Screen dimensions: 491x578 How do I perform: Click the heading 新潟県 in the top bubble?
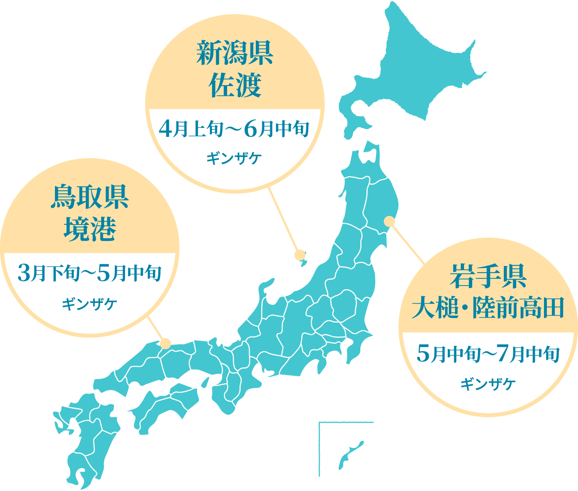coord(235,54)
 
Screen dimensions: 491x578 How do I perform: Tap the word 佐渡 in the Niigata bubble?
coord(235,86)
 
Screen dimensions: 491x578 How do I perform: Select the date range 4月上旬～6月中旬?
coord(234,130)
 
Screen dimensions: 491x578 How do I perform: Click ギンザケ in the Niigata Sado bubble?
coord(234,158)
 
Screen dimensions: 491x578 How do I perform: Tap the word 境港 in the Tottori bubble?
coord(90,229)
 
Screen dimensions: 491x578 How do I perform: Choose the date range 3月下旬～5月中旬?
coord(90,273)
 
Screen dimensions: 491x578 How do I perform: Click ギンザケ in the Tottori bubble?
coord(90,304)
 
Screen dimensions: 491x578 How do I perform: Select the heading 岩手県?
coord(488,276)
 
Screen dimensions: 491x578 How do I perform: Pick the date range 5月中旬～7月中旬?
coord(488,354)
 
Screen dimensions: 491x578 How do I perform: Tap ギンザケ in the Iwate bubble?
coord(488,384)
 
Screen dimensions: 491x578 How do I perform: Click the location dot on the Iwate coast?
coord(389,222)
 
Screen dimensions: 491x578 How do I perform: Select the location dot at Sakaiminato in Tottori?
coord(166,343)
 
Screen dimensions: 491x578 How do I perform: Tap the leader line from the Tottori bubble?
coord(156,328)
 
